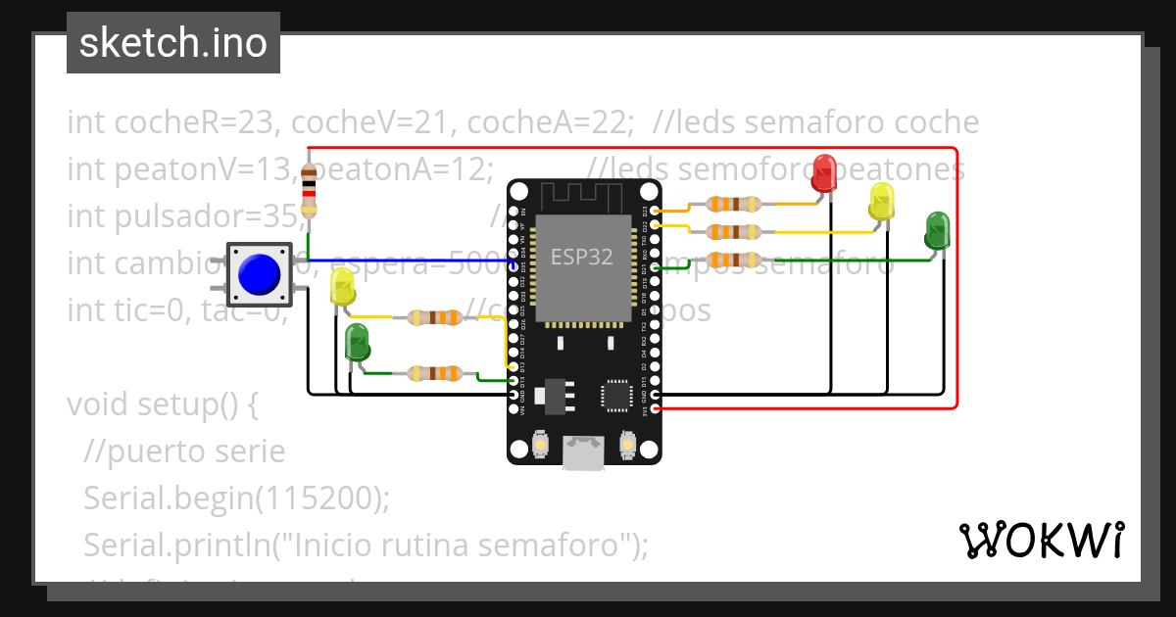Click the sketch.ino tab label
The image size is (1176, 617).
pos(172,43)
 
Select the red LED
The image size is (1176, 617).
pos(824,172)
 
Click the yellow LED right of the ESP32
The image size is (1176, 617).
pos(882,201)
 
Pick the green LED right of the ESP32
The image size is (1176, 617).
pos(938,229)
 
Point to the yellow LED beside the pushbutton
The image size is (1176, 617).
pos(343,287)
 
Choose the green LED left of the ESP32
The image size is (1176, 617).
pos(357,343)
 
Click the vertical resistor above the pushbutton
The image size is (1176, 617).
pos(310,191)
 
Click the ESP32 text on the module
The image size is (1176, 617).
pos(581,258)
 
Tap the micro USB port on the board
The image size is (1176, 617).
pos(585,452)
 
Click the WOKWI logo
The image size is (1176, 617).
pos(1041,540)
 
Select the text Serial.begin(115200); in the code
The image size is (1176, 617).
pos(236,498)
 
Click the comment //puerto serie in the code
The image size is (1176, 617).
pos(184,451)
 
